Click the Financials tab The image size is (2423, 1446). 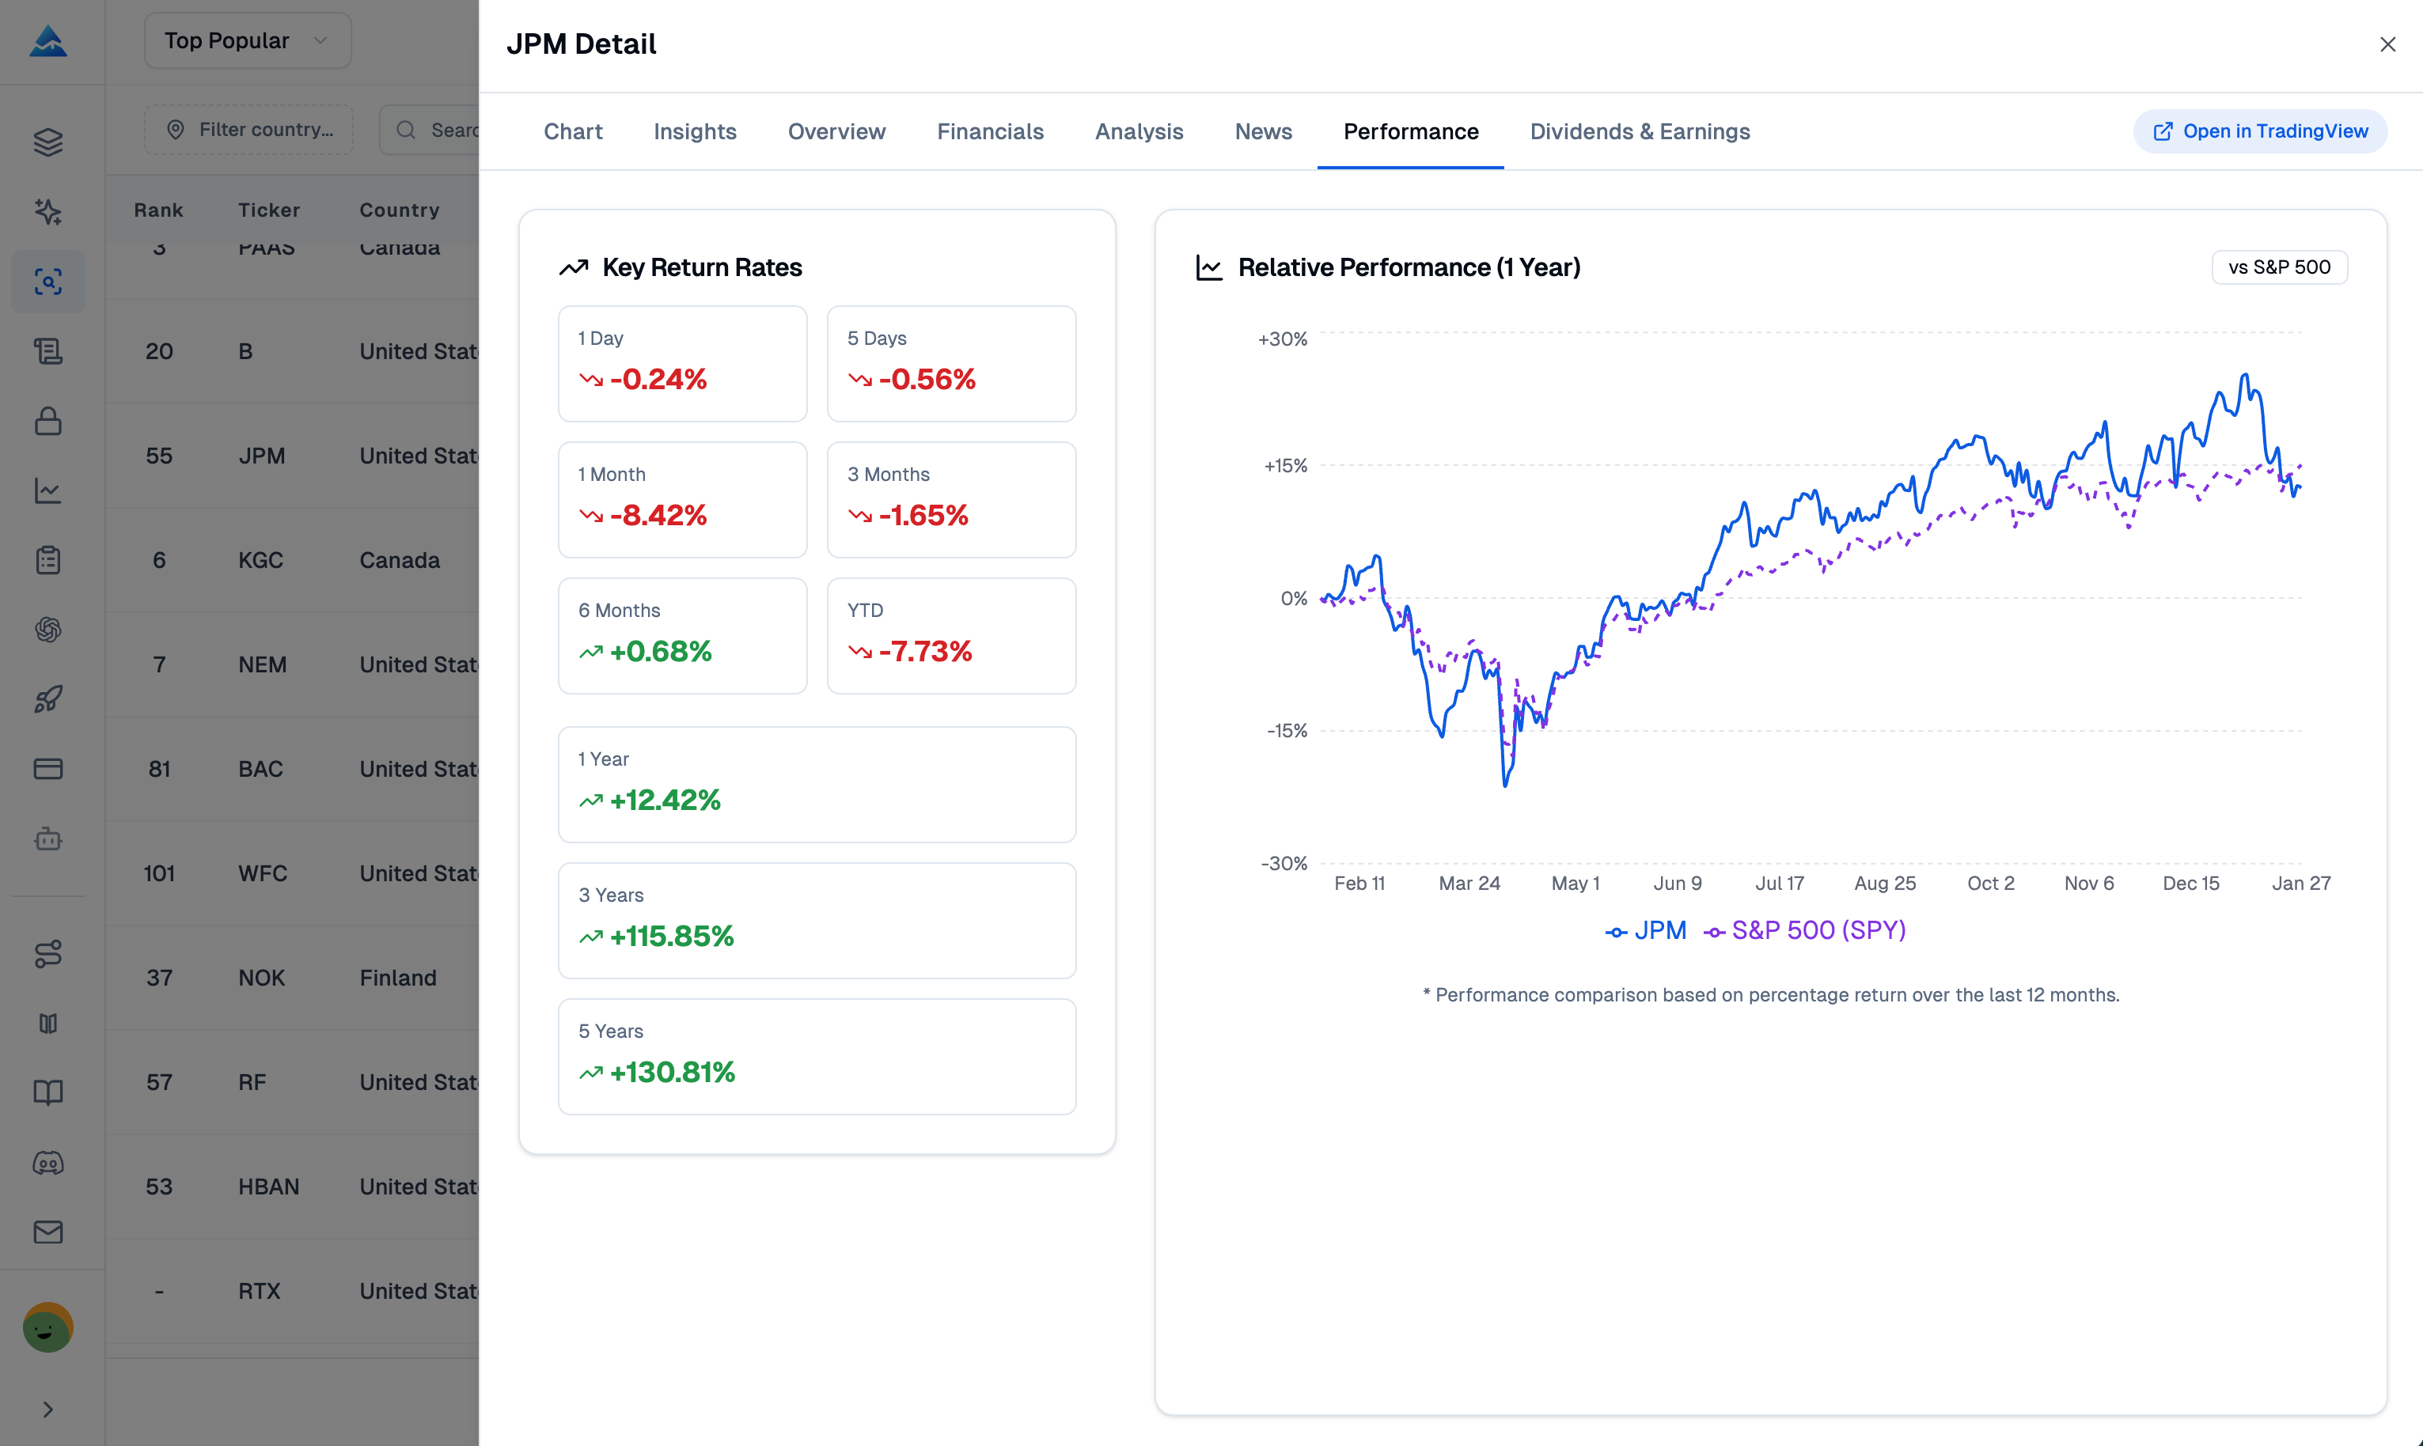(x=989, y=131)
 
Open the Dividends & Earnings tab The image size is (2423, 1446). (x=1640, y=131)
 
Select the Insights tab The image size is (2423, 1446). (x=694, y=131)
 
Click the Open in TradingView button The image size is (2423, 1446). (x=2259, y=131)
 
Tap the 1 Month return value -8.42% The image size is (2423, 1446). (x=658, y=516)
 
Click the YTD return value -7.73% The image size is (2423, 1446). (x=924, y=651)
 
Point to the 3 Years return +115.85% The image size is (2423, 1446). (x=672, y=937)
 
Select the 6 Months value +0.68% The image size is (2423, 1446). (x=660, y=651)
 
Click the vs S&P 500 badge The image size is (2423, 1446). (x=2279, y=267)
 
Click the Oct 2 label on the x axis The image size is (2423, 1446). (x=1990, y=883)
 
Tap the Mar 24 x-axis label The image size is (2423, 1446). (x=1469, y=883)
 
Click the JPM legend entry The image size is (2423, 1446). (x=1648, y=930)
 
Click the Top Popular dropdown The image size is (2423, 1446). (x=248, y=41)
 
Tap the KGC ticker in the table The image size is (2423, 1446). (x=260, y=560)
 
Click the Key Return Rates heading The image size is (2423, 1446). (x=702, y=267)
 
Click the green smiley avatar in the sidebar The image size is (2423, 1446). (x=47, y=1327)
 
